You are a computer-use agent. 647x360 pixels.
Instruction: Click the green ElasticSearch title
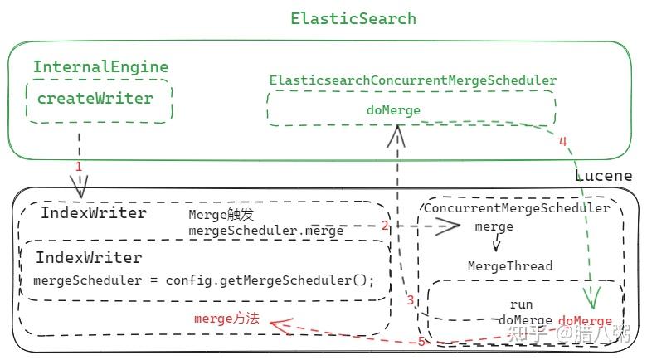tap(353, 18)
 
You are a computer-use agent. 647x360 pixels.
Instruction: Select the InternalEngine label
tap(100, 67)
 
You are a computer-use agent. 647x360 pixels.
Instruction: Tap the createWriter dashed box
tap(99, 100)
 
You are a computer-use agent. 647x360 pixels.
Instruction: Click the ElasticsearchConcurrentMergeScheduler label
tap(412, 80)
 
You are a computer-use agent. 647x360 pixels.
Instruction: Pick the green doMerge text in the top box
tap(393, 109)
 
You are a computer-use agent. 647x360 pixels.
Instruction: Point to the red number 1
tap(79, 167)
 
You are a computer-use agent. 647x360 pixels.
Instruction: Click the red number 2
tap(385, 225)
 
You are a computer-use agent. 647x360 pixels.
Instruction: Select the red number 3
tap(410, 299)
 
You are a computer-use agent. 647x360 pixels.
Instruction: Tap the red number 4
tap(562, 141)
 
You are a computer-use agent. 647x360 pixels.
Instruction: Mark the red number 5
tap(421, 341)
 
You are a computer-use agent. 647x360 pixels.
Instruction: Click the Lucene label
tap(603, 176)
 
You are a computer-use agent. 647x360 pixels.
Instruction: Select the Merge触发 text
tap(214, 215)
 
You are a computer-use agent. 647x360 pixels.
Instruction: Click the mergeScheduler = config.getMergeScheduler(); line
tap(204, 280)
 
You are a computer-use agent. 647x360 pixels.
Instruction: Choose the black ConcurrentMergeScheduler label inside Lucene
tap(517, 208)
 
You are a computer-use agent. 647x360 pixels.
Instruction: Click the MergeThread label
tap(509, 266)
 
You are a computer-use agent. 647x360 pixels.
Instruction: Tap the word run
tap(521, 304)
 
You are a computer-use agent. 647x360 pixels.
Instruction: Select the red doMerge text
tap(585, 320)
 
